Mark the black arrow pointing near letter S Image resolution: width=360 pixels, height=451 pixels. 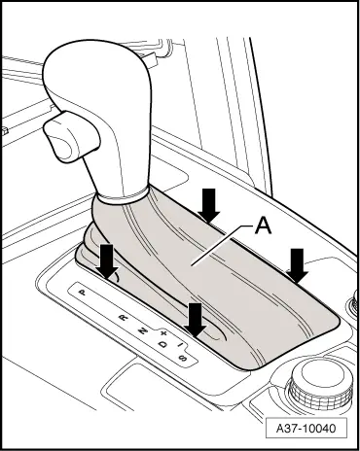(197, 320)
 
